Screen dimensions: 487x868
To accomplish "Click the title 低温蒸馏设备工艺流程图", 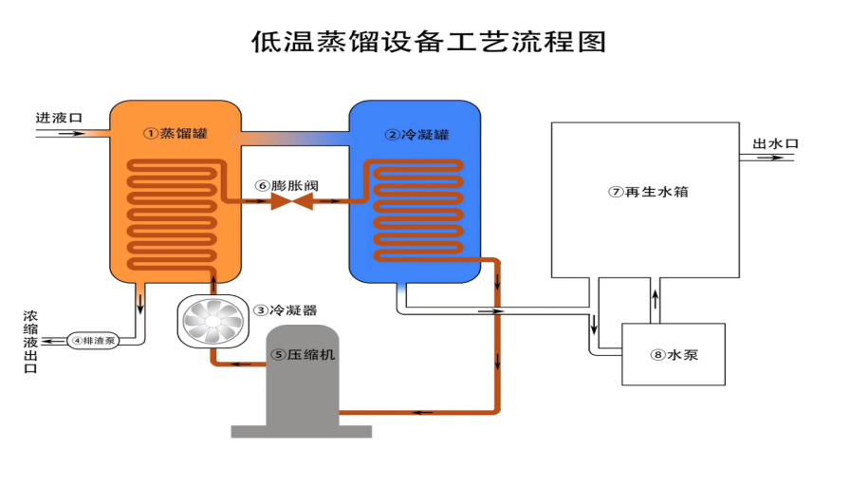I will coord(428,43).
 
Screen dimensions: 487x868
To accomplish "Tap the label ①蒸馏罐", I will coord(175,134).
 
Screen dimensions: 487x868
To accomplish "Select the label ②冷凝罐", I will coord(416,135).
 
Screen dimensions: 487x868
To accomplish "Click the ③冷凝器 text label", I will coord(286,310).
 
